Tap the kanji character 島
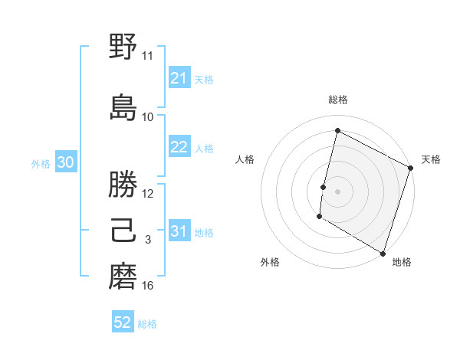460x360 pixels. [123, 107]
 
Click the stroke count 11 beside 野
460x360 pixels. [148, 56]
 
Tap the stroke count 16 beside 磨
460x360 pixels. [148, 286]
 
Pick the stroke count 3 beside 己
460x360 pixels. [148, 240]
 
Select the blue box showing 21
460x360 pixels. [179, 78]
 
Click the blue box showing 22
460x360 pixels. [179, 147]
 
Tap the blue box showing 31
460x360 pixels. [179, 231]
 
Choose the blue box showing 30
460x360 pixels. [65, 162]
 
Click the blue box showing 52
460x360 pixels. [122, 322]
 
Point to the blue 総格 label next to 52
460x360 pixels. [147, 324]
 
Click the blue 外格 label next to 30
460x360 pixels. [41, 163]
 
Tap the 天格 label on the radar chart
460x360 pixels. [431, 159]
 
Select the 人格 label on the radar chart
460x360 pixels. [245, 159]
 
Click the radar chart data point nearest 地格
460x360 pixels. [383, 253]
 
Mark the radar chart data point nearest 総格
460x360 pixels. [337, 131]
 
